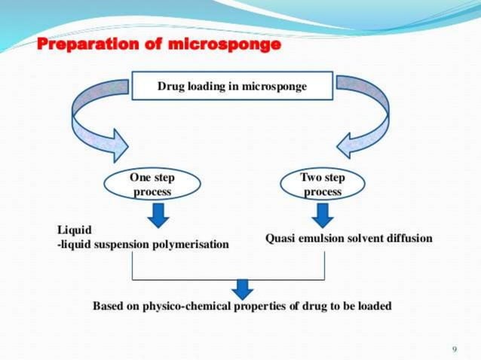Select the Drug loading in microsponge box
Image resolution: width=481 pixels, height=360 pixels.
pyautogui.click(x=231, y=87)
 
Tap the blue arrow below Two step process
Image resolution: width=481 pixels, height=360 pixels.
pyautogui.click(x=323, y=215)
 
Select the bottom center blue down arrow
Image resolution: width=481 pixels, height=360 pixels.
pyautogui.click(x=241, y=287)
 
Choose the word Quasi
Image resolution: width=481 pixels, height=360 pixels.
pyautogui.click(x=280, y=238)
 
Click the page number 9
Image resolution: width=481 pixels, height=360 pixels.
pyautogui.click(x=454, y=349)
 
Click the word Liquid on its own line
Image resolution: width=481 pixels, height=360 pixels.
pyautogui.click(x=73, y=230)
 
